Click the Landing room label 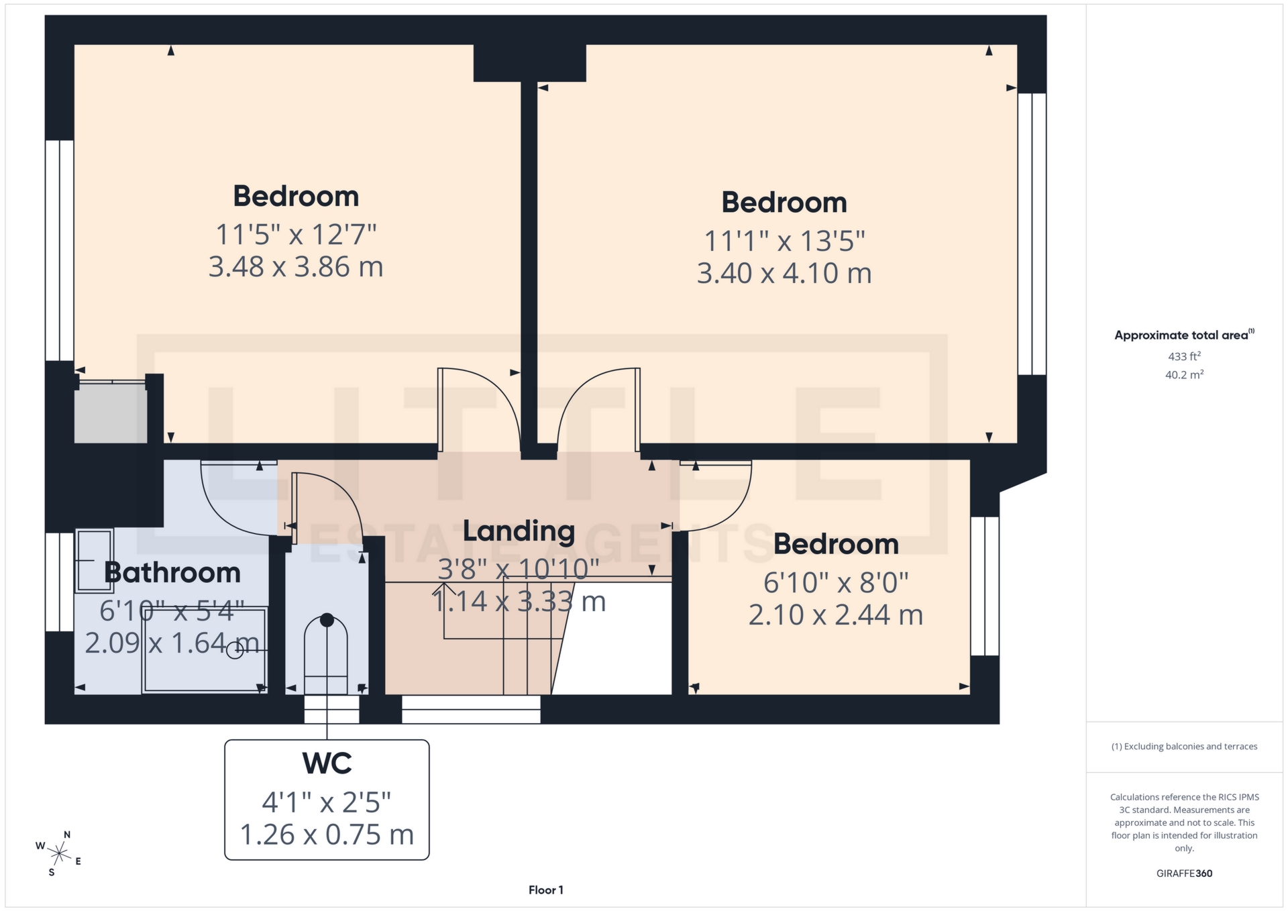point(519,531)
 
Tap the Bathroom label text point(172,572)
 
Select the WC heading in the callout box point(327,763)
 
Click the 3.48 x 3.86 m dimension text point(296,267)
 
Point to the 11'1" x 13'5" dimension point(784,241)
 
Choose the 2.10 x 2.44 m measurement point(835,614)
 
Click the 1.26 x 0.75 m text point(327,835)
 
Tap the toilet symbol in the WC point(327,654)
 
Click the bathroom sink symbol point(94,560)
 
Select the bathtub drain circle point(235,650)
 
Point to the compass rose point(60,854)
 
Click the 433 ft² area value point(1184,356)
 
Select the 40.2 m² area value point(1184,374)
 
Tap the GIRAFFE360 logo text point(1184,873)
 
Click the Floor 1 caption point(545,890)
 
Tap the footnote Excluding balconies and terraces point(1184,746)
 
